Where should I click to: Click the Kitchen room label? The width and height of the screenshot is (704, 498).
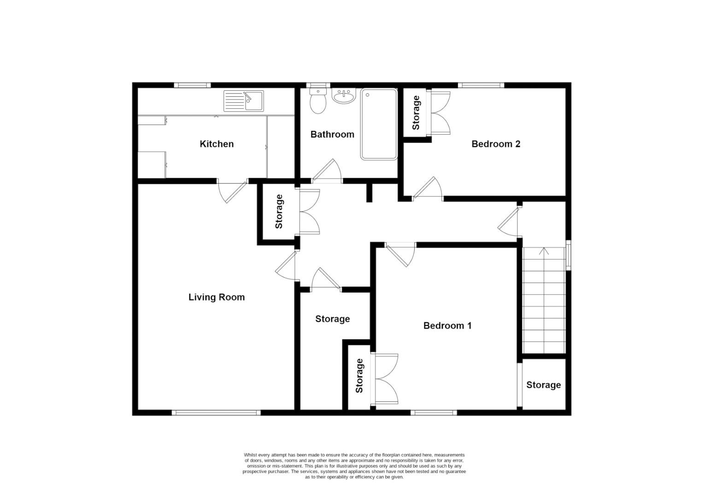pos(217,144)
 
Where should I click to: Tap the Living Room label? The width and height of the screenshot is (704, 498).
pos(216,297)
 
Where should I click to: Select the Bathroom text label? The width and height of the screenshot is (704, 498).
pos(332,135)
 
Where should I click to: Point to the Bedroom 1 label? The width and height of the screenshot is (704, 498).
pos(447,326)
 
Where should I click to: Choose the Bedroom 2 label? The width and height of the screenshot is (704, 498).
pos(496,144)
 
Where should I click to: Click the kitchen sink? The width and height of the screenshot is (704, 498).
pos(243,101)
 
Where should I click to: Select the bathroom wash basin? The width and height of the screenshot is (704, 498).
pos(343,97)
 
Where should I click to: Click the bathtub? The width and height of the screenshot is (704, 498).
pos(379,124)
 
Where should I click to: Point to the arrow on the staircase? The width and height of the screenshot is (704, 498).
pos(544,252)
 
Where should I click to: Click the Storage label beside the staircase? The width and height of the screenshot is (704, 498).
pos(544,385)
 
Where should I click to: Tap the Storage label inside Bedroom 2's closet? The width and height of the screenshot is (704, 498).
pos(416,113)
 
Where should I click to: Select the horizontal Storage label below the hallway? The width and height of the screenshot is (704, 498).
pos(332,319)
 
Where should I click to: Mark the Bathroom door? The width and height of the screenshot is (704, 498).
pos(328,171)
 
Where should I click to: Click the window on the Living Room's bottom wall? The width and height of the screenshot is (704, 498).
pos(216,413)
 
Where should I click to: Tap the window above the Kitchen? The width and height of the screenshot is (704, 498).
pos(192,85)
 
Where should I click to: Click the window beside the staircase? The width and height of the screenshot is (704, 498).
pos(569,255)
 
